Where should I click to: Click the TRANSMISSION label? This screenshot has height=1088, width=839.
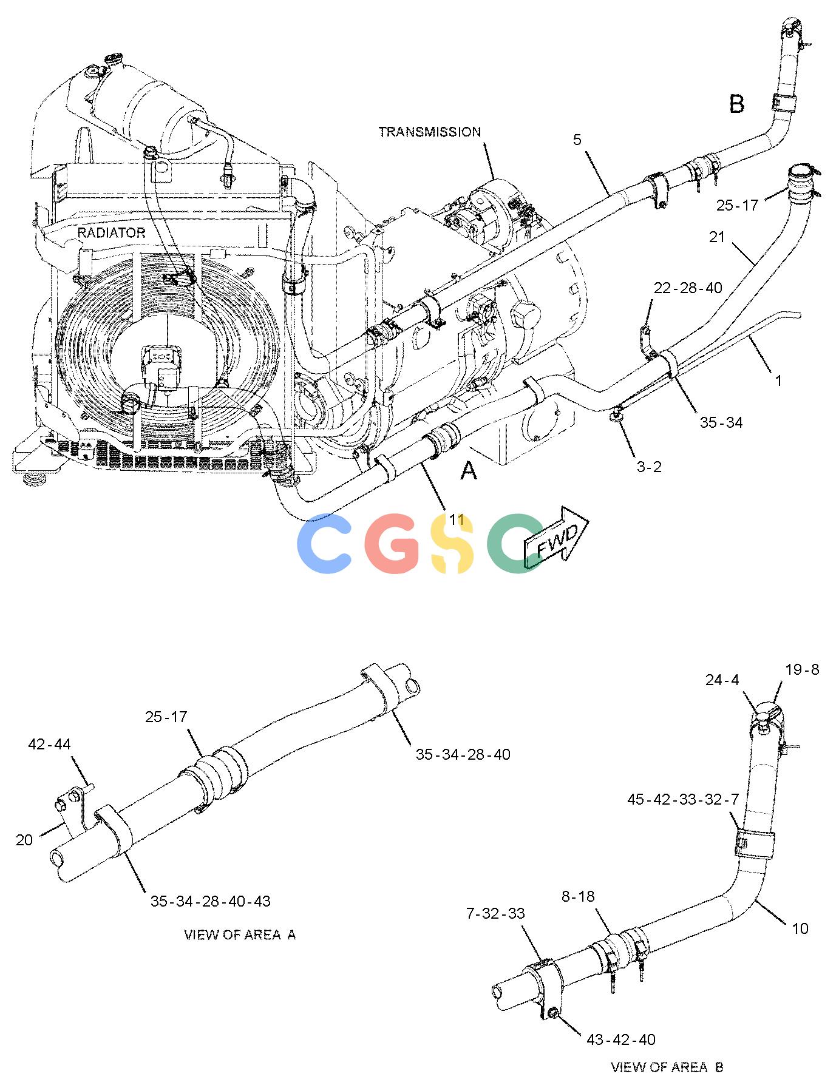click(429, 132)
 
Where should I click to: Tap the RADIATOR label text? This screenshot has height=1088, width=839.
click(111, 232)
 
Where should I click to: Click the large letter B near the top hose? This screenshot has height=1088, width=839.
click(736, 104)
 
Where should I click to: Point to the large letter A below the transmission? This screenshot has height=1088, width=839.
click(468, 470)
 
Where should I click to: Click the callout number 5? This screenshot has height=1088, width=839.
click(576, 140)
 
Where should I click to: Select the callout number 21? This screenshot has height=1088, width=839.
click(717, 237)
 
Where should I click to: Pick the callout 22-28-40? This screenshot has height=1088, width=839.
click(688, 287)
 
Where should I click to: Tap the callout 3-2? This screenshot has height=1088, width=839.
click(648, 467)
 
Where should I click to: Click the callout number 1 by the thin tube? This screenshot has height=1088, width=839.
click(778, 381)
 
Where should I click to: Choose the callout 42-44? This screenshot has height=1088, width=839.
click(49, 744)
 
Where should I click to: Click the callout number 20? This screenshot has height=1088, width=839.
click(24, 840)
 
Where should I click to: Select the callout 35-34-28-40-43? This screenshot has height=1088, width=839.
click(210, 901)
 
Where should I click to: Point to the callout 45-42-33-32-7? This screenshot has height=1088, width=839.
click(684, 800)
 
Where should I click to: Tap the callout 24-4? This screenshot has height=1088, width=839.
click(722, 680)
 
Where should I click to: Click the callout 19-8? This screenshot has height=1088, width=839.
click(802, 669)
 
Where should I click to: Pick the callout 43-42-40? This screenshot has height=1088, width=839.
click(621, 1039)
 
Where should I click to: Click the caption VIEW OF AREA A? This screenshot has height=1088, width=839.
click(240, 934)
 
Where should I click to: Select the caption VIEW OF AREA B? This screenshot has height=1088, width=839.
click(667, 1067)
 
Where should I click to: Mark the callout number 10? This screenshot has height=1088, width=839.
click(800, 928)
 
